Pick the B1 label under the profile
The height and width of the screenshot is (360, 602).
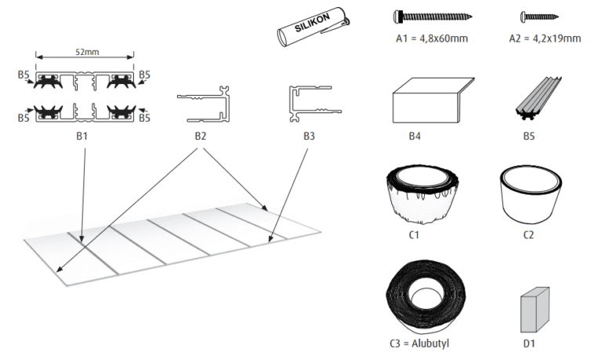click(85, 136)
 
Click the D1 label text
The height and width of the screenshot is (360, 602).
click(531, 343)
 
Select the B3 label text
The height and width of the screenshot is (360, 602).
click(310, 136)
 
